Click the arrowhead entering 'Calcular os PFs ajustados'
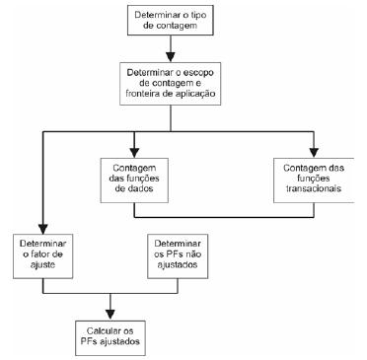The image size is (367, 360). [110, 311]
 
